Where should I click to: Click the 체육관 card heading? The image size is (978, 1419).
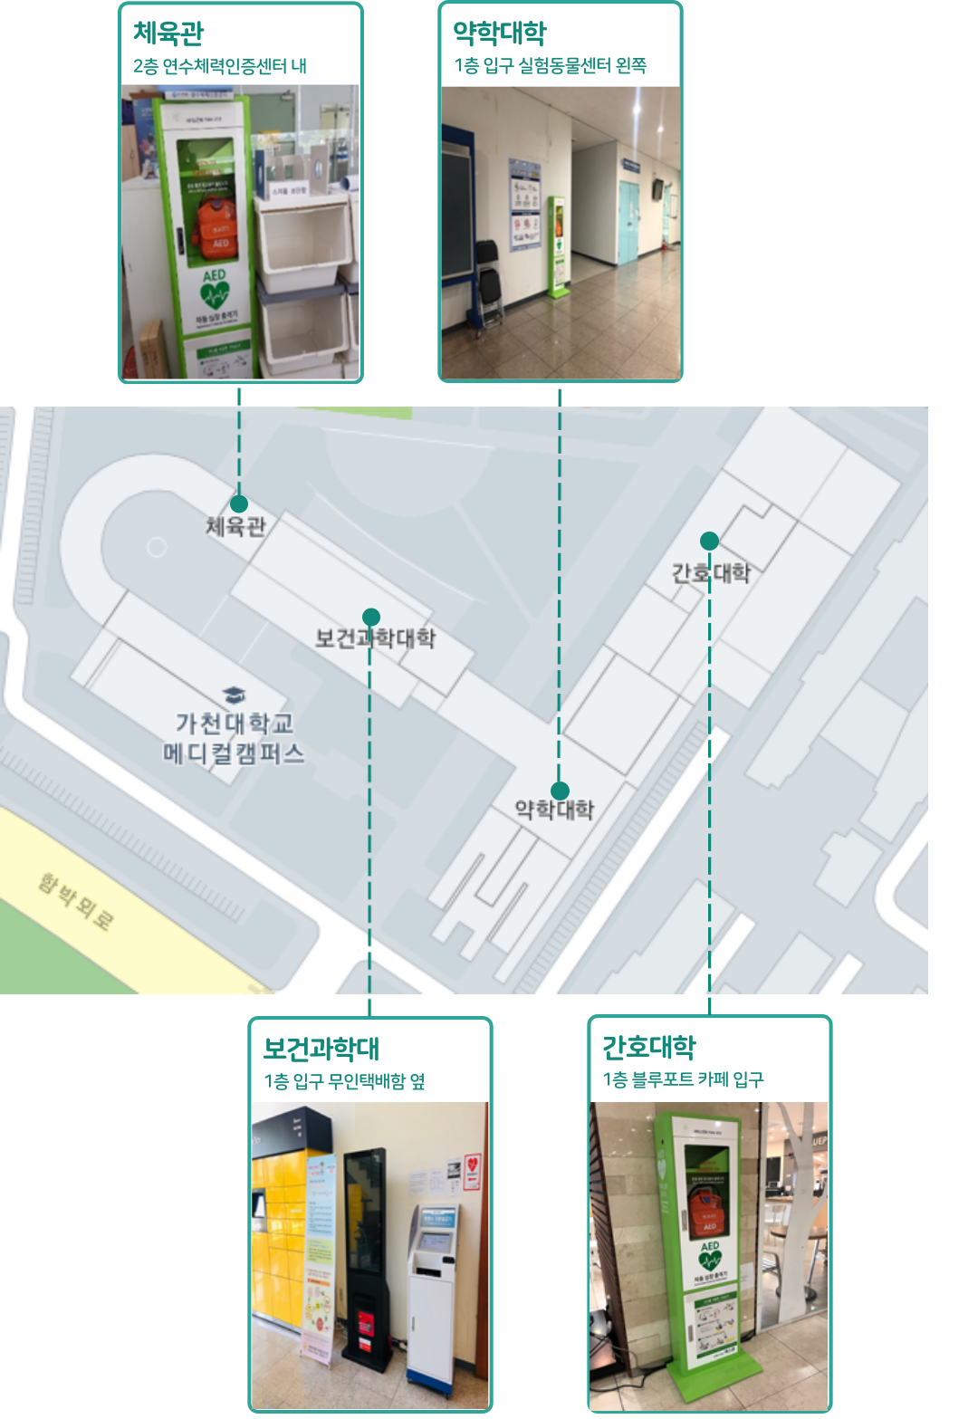(168, 34)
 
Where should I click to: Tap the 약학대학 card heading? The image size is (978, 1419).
(500, 34)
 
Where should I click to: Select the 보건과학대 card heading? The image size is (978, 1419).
(321, 1049)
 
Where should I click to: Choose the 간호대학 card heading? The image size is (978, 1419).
(649, 1047)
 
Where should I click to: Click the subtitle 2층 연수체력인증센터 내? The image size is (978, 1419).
(220, 66)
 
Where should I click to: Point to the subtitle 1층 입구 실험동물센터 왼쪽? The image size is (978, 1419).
(551, 65)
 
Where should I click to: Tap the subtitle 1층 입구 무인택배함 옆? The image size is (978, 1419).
(344, 1081)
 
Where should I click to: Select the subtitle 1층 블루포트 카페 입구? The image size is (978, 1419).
(684, 1079)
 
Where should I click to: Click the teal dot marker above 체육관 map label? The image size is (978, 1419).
(239, 503)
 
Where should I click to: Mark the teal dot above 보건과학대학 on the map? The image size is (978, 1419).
(370, 618)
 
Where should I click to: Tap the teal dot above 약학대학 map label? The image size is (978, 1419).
(561, 791)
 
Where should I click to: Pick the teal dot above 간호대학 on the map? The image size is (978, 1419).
(710, 541)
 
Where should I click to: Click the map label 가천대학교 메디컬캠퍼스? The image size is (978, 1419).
(234, 738)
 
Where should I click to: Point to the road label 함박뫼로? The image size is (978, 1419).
(75, 901)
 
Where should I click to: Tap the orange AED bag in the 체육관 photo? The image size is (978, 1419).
(216, 226)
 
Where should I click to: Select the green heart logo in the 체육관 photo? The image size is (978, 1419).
(215, 294)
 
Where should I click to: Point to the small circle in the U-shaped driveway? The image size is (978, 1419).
(157, 547)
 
